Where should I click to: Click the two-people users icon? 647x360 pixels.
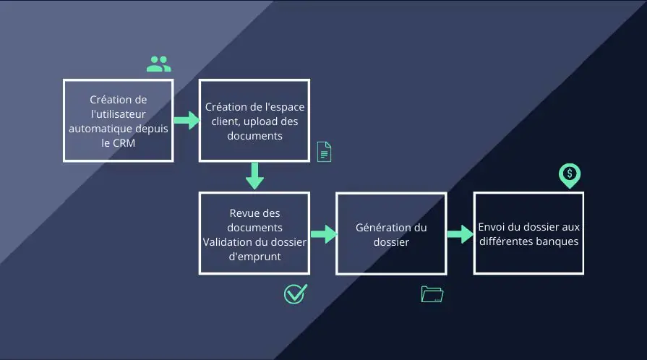(158, 64)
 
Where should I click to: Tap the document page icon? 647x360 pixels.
(324, 152)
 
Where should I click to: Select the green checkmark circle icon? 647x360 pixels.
(295, 293)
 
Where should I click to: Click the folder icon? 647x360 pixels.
(432, 293)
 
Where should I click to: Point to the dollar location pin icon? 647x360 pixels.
(570, 174)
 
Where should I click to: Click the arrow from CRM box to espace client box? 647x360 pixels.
(186, 120)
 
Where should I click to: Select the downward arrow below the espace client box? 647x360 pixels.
(254, 176)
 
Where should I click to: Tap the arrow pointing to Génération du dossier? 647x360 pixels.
(323, 233)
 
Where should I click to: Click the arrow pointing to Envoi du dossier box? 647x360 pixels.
(460, 233)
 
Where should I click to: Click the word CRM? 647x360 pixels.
(123, 142)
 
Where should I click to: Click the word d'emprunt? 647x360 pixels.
(254, 255)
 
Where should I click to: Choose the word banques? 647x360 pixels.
(554, 241)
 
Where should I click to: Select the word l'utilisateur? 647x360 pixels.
(118, 113)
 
